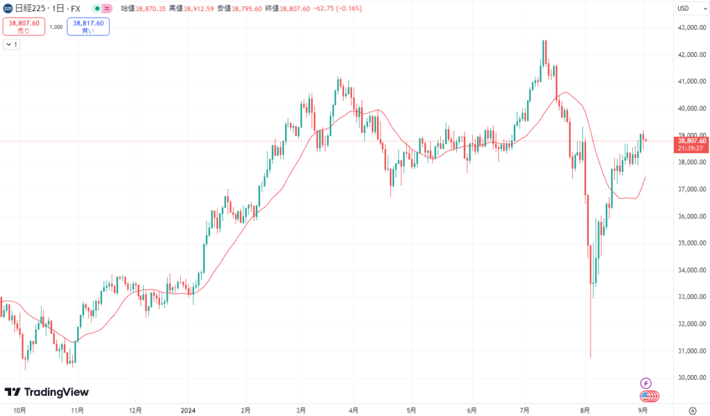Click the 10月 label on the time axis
click(x=19, y=410)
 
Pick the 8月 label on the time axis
click(x=586, y=410)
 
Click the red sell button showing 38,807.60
click(x=24, y=26)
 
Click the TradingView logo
click(x=46, y=392)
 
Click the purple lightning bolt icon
click(x=646, y=383)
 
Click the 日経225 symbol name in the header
click(x=29, y=8)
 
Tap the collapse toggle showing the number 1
click(x=12, y=44)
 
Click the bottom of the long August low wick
click(x=590, y=356)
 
